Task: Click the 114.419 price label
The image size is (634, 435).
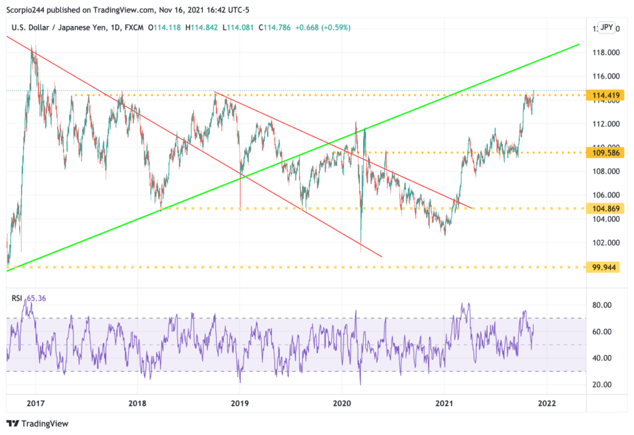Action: (602, 95)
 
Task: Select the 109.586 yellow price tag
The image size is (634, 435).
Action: (602, 153)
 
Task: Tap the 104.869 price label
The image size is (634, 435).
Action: (602, 208)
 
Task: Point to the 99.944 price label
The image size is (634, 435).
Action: (602, 267)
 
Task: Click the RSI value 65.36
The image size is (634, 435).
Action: (37, 298)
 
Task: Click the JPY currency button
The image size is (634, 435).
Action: (607, 27)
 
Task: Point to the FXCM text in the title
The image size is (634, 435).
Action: (133, 27)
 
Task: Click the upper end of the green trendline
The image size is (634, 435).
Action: (579, 44)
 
